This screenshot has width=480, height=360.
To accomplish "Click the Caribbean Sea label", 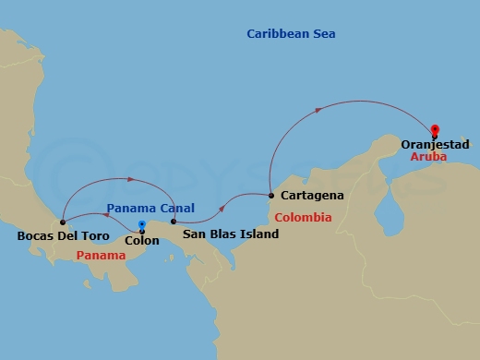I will [x=291, y=34].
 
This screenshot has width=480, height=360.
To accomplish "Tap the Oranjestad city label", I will [x=436, y=145].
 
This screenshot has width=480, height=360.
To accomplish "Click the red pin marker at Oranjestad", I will [x=435, y=130].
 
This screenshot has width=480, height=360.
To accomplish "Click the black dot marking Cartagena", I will [x=270, y=195].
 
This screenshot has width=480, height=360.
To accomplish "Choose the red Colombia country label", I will [x=303, y=218].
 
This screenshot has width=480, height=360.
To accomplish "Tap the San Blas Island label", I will [x=230, y=235].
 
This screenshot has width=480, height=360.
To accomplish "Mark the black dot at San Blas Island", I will [x=174, y=222].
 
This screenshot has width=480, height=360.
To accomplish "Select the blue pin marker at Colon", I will [x=141, y=224].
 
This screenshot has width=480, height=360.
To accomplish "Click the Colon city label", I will [x=141, y=241].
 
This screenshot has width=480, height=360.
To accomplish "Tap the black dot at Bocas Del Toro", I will [x=62, y=222].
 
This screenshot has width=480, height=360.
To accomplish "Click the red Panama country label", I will [x=101, y=256].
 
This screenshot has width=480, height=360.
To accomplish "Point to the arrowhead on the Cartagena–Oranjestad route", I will [x=318, y=110].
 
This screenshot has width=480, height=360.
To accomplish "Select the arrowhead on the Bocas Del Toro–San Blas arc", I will [x=131, y=179].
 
